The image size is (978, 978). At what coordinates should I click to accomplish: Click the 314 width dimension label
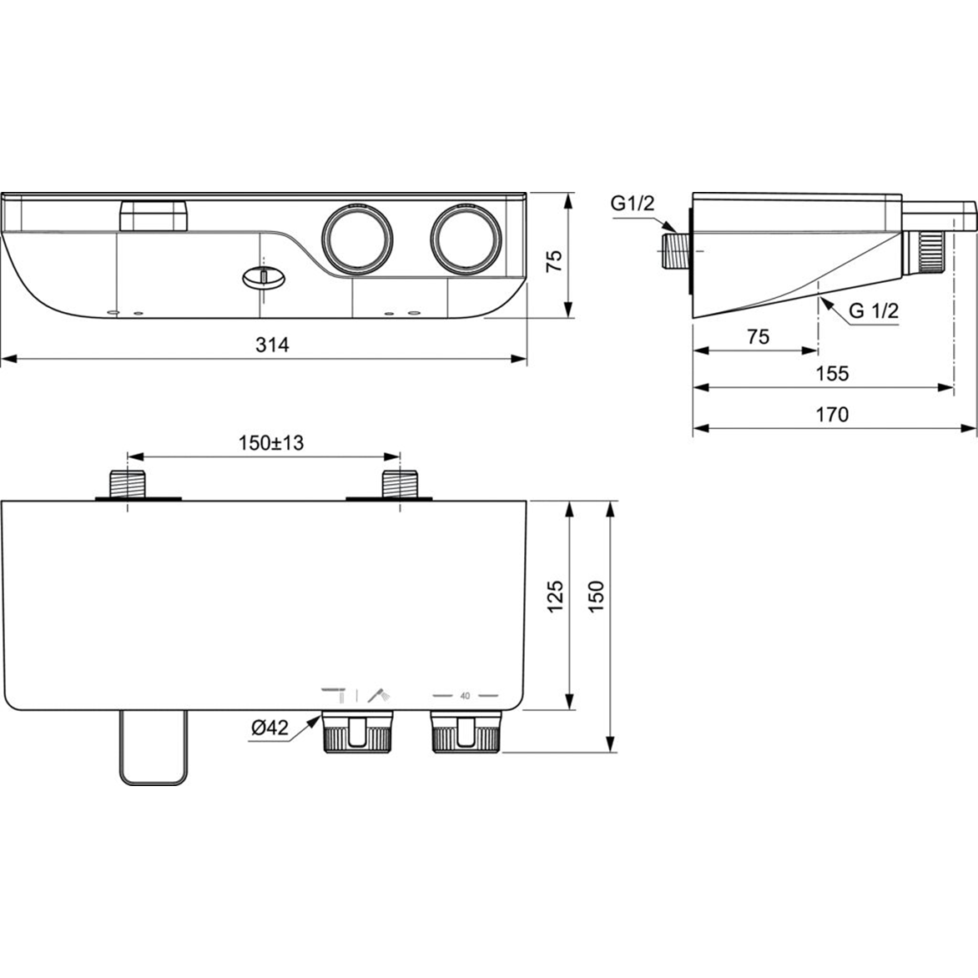272,345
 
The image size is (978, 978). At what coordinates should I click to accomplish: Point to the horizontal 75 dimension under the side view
757,337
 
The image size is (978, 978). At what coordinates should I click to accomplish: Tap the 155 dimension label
832,373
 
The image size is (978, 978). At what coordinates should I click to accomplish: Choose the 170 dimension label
832,414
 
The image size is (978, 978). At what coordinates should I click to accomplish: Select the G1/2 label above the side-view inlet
633,203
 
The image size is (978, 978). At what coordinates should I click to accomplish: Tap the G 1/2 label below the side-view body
873,311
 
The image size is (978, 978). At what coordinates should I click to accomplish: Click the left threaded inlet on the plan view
128,484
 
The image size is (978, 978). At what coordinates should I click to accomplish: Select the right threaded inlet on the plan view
399,484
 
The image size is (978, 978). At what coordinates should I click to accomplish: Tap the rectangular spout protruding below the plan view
153,748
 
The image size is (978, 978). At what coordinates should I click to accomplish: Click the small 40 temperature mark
465,695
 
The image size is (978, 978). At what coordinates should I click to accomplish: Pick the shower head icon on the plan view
379,694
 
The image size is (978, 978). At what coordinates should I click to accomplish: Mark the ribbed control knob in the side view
926,252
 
